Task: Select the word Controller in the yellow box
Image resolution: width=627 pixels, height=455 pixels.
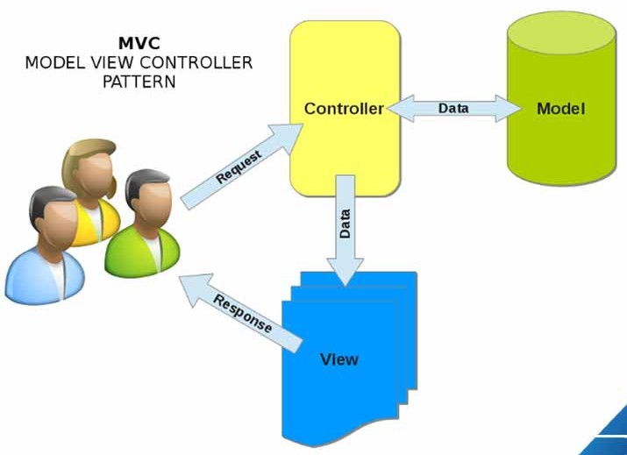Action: (x=344, y=110)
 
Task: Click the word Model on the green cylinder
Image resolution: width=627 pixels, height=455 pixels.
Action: (x=560, y=110)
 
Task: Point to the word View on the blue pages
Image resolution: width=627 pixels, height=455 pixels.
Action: (x=339, y=359)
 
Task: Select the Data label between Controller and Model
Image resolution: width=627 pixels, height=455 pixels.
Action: (x=453, y=109)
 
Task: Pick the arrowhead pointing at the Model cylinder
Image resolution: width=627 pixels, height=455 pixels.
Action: (x=513, y=109)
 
